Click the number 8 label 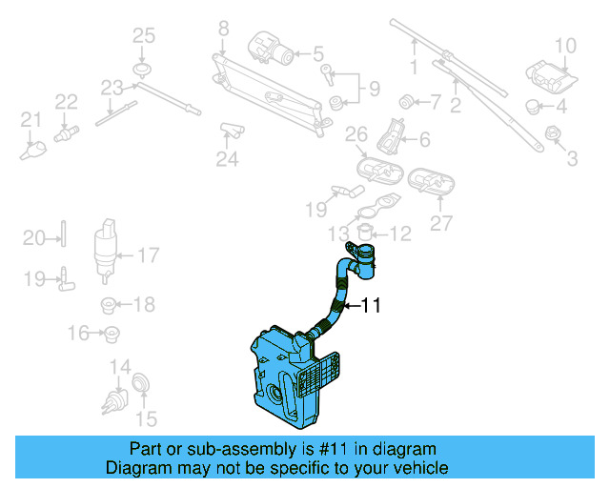[x=223, y=30]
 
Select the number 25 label [x=142, y=36]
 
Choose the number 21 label [x=31, y=120]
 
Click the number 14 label [x=119, y=367]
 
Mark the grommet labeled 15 [x=140, y=383]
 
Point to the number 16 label [x=78, y=333]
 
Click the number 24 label [x=226, y=159]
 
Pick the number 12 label [x=399, y=233]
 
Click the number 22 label [x=66, y=102]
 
